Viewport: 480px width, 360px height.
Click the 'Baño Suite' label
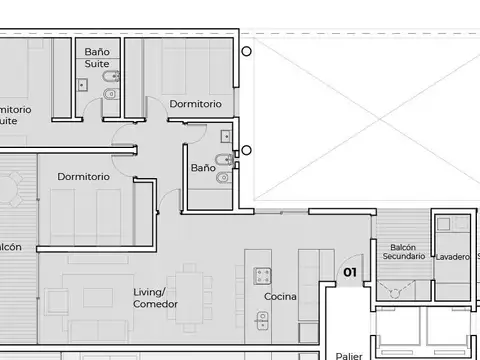pos(97,57)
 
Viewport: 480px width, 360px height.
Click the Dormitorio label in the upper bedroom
pos(195,104)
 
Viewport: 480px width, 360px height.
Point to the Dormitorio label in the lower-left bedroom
pos(83,177)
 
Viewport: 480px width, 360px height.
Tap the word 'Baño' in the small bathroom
pos(203,168)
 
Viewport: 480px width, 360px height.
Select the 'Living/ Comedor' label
pos(155,298)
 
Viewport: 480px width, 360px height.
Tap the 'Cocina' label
pos(280,297)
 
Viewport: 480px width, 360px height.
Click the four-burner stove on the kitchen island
pos(262,275)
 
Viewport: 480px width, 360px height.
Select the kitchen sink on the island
pos(262,321)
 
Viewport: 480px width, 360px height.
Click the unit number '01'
pos(350,271)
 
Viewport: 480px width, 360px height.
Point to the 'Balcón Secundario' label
pos(404,251)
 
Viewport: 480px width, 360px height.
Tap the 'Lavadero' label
pos(452,257)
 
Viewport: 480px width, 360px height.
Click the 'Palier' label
pos(349,355)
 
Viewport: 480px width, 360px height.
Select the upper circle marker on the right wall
pos(246,51)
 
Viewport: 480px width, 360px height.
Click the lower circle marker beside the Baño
pos(246,151)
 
